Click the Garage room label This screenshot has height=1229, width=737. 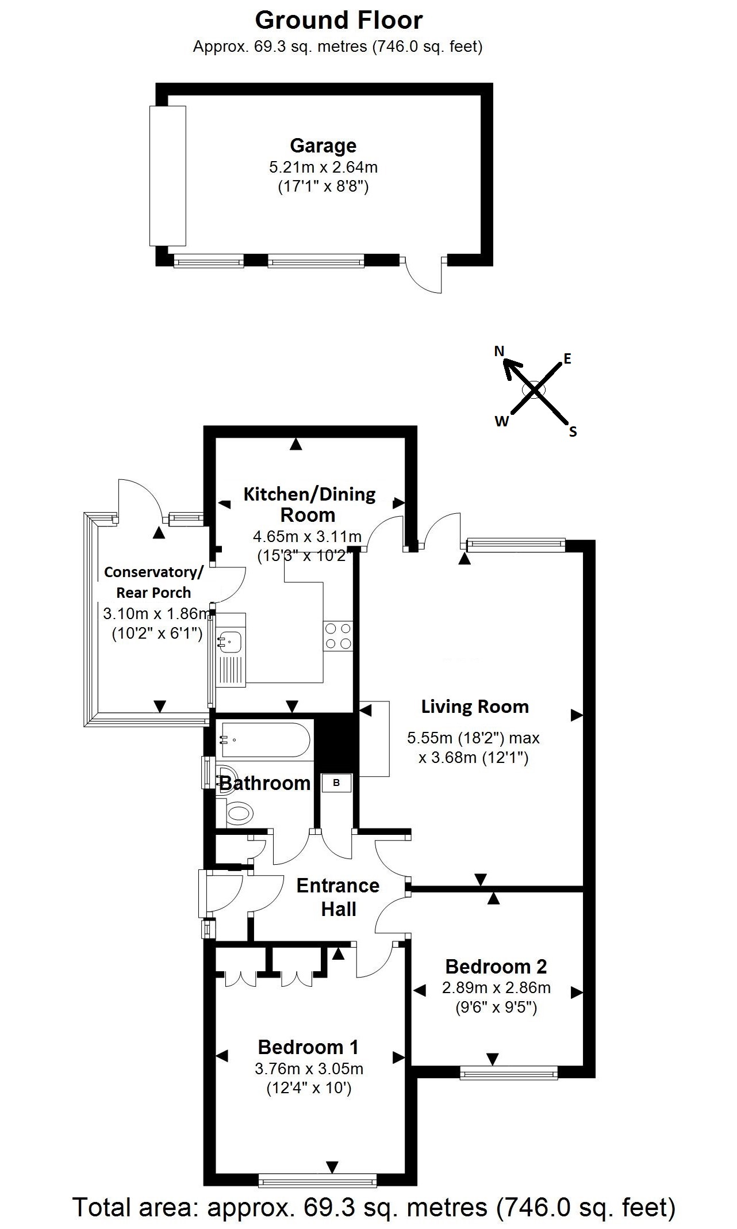323,146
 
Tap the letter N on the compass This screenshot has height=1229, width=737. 499,350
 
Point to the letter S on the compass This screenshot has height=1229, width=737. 573,432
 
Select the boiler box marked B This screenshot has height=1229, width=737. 337,783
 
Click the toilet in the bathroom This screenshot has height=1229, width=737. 237,813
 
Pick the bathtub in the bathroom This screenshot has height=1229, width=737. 265,741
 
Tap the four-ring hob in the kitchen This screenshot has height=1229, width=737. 338,636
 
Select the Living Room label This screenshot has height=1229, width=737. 475,707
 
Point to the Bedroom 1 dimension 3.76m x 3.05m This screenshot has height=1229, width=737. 309,1069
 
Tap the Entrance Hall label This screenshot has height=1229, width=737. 338,897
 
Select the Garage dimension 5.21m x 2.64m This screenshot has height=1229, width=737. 323,167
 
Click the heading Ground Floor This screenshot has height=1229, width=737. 339,20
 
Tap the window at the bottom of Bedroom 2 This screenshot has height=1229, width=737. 509,1072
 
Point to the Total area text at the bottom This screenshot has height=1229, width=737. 374,1207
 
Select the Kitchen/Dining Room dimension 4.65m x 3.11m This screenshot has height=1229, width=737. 307,537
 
